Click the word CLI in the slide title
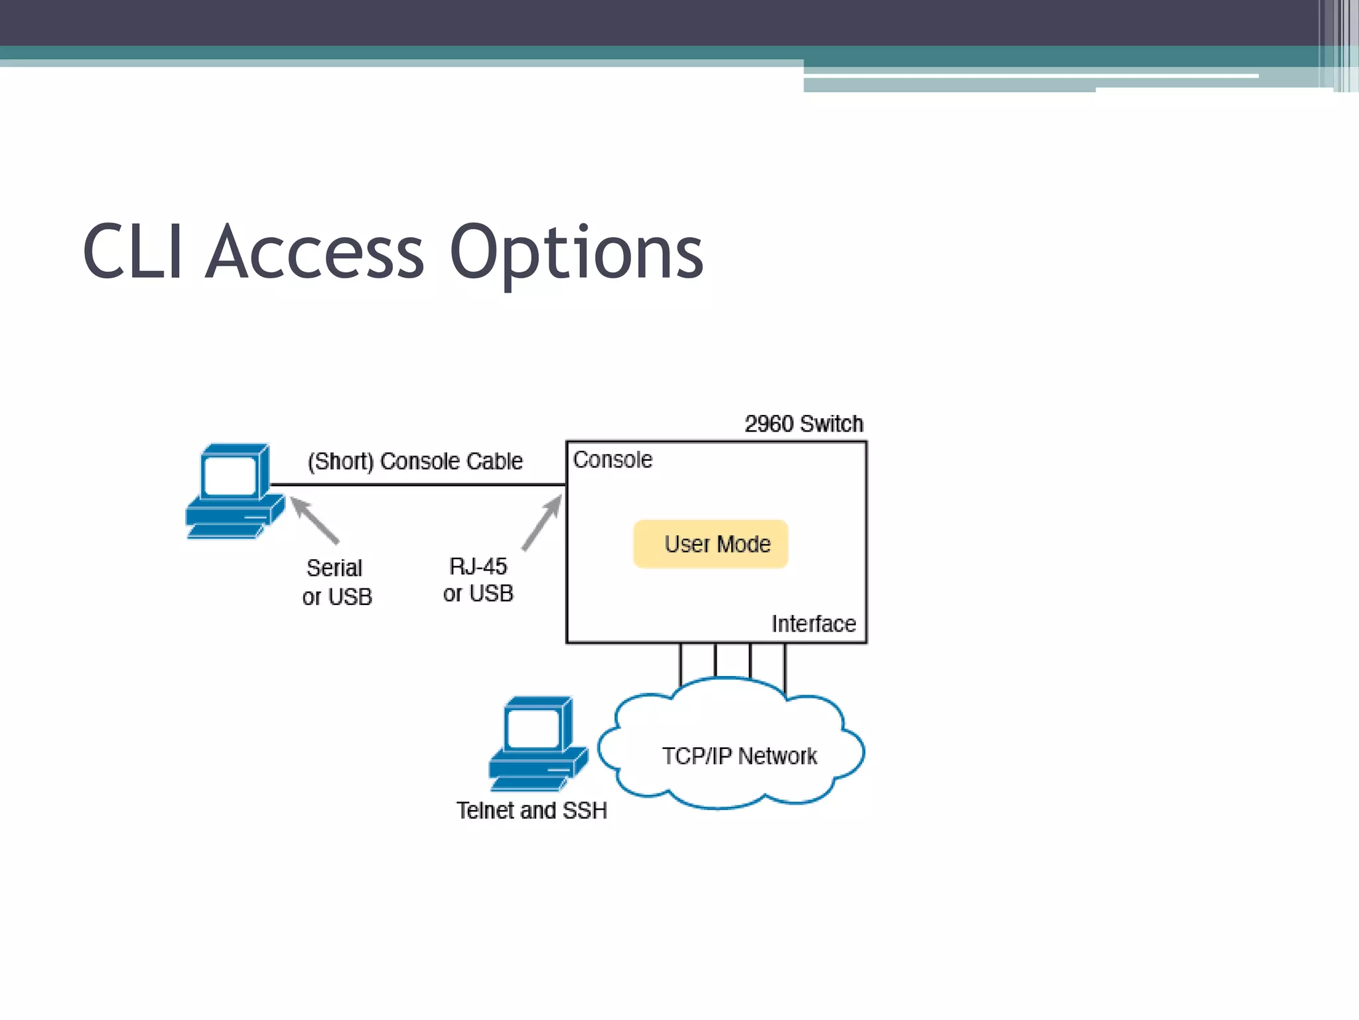[x=133, y=252]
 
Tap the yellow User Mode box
[x=711, y=544]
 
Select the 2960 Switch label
[x=804, y=424]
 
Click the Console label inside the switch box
[x=612, y=460]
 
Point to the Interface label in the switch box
[x=814, y=624]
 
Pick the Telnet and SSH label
[x=532, y=810]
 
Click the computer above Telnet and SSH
[x=538, y=743]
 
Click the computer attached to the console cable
[x=234, y=491]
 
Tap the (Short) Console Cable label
[x=415, y=461]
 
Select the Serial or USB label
[x=336, y=582]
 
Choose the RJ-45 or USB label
[x=478, y=580]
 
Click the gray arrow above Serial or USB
[x=315, y=521]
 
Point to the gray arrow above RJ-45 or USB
[x=542, y=524]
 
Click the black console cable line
[x=418, y=485]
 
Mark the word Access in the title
[x=315, y=252]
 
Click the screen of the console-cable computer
[x=230, y=476]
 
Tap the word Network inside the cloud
[x=777, y=756]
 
